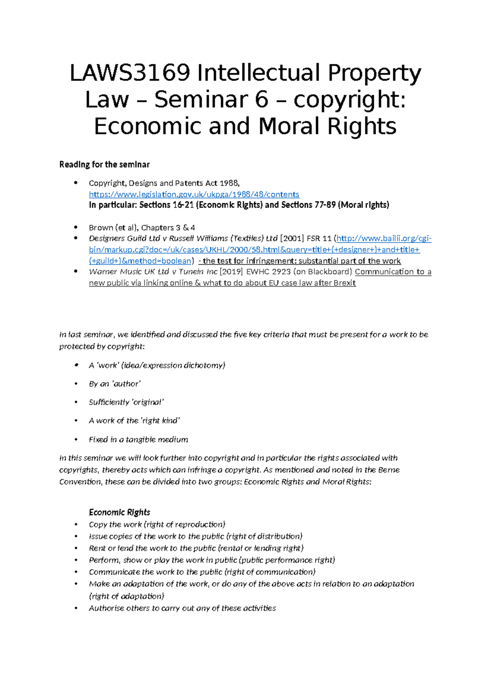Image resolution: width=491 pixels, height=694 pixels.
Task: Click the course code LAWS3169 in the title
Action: point(130,74)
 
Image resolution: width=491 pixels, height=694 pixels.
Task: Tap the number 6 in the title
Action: point(261,100)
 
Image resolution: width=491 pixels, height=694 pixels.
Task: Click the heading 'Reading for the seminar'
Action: point(104,164)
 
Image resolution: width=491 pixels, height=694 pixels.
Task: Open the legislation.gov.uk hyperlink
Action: point(194,194)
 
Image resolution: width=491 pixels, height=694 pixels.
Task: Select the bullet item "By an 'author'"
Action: point(115,384)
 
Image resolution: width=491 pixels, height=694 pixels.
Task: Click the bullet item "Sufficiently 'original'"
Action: point(126,402)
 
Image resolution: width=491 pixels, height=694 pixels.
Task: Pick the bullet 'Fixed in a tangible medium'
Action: point(138,439)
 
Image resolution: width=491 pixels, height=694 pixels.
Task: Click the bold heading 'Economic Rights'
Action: point(119,512)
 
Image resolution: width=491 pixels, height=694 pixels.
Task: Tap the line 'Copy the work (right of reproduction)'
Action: point(157,525)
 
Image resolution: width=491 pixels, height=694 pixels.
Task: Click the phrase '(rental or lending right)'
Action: point(261,548)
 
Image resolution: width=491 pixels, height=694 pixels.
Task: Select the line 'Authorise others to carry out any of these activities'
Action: point(182,608)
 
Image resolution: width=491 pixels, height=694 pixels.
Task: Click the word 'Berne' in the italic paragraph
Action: point(389,470)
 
